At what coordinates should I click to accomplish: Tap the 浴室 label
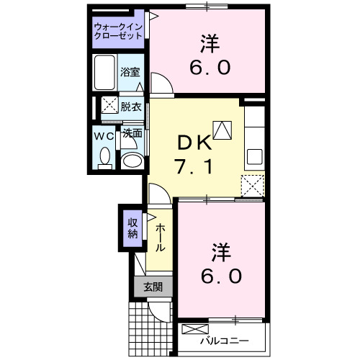click(x=130, y=73)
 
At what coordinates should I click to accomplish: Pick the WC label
click(x=104, y=135)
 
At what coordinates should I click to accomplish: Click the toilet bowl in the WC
click(x=105, y=157)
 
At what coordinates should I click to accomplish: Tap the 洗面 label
click(x=131, y=134)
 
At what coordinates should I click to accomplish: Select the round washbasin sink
click(x=131, y=160)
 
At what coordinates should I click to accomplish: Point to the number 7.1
click(x=193, y=167)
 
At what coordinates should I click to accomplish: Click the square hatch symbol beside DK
click(x=223, y=130)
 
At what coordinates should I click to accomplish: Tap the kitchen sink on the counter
click(x=255, y=156)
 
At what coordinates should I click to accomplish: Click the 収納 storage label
click(x=132, y=228)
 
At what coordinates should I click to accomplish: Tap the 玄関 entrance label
click(x=153, y=287)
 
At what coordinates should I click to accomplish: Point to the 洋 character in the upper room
click(x=210, y=43)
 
